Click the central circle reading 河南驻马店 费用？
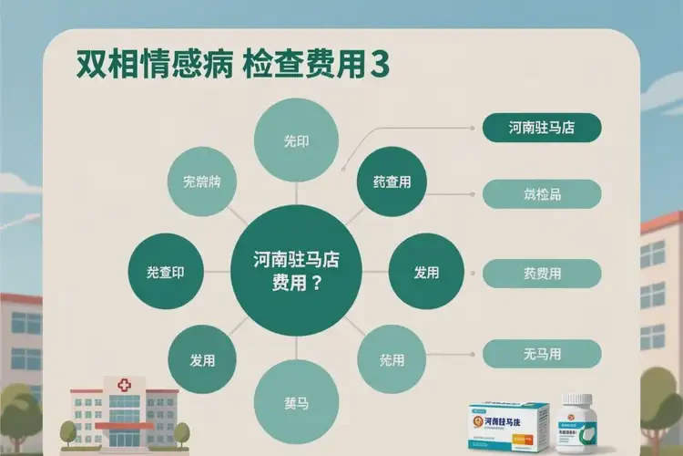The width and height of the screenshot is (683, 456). tap(296, 271)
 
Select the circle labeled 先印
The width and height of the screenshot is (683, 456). tap(296, 142)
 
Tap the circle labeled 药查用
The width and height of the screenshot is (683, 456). tap(392, 181)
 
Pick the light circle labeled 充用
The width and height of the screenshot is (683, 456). tap(391, 359)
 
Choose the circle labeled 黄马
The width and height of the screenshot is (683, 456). tap(296, 401)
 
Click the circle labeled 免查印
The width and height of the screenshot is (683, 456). tap(170, 273)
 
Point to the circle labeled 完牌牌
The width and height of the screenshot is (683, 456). tap(202, 181)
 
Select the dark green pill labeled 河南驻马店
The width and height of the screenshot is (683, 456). tap(541, 127)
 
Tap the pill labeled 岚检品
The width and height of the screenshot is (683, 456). tap(541, 193)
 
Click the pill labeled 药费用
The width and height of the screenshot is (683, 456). tap(541, 273)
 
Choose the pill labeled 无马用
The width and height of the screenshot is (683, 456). tap(541, 353)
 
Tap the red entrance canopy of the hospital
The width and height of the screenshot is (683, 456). tap(124, 425)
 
